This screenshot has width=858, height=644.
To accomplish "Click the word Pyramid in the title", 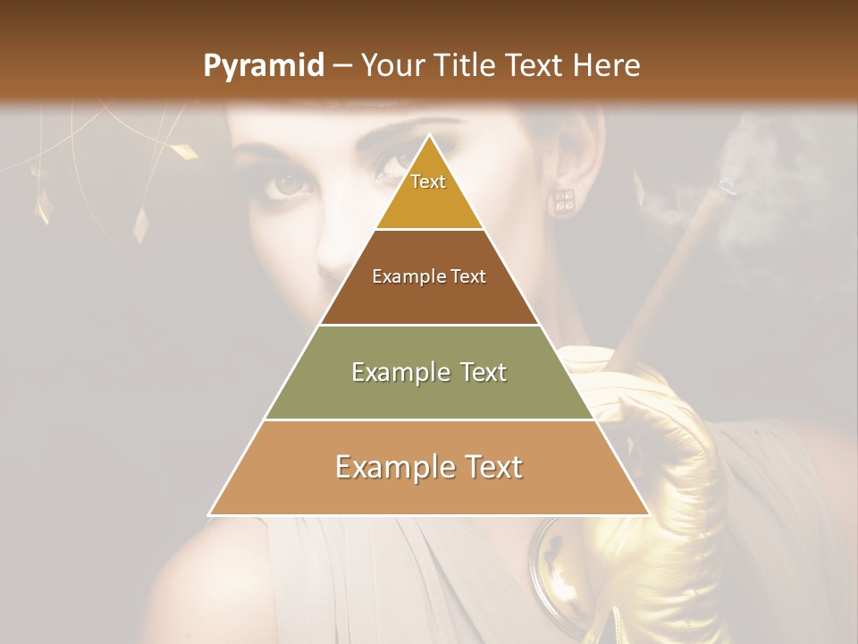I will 263,66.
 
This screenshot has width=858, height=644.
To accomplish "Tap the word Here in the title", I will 607,65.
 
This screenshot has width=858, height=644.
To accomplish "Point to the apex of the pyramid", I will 429,135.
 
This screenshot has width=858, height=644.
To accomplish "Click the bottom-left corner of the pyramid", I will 210,514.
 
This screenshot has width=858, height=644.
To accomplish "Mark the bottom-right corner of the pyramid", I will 648,514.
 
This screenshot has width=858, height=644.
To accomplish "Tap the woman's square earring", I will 563,200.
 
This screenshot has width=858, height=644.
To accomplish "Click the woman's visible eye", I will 290,183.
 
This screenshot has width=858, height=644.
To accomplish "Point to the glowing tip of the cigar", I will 727,186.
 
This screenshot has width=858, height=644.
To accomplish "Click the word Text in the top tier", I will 428,182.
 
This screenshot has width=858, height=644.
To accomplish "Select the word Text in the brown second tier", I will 467,276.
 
